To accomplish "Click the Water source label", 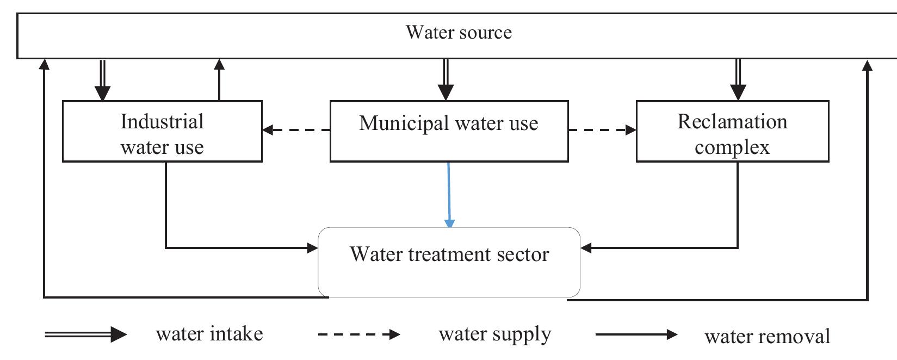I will pyautogui.click(x=459, y=32).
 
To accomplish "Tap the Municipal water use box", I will pyautogui.click(x=449, y=131).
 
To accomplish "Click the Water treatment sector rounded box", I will pyautogui.click(x=449, y=262).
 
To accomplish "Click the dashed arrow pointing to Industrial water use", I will pyautogui.click(x=296, y=130).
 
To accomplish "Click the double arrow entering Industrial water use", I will pyautogui.click(x=102, y=79).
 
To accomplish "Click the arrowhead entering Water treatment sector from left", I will pyautogui.click(x=312, y=248).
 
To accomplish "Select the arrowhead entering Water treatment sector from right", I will pyautogui.click(x=586, y=249).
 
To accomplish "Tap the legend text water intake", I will pyautogui.click(x=209, y=333).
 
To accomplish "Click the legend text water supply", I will pyautogui.click(x=494, y=334).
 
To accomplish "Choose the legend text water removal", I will pyautogui.click(x=767, y=336).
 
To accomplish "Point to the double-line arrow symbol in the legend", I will pyautogui.click(x=85, y=334).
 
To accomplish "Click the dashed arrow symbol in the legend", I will pyautogui.click(x=359, y=334).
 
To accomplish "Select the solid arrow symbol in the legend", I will pyautogui.click(x=636, y=334).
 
